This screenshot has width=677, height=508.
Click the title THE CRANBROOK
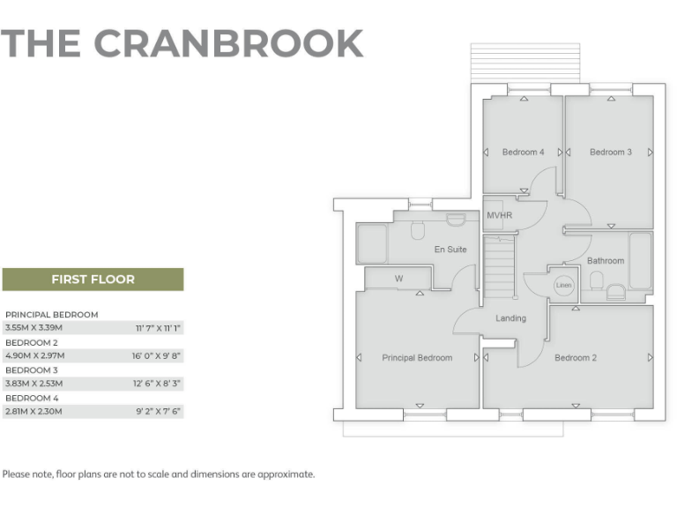(x=182, y=43)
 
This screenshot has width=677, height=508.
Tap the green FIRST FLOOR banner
(x=93, y=280)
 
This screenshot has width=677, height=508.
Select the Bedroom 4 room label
(x=523, y=153)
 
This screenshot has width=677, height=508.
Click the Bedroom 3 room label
(x=610, y=153)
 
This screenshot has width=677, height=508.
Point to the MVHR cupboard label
(x=499, y=215)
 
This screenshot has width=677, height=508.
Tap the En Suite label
(x=450, y=250)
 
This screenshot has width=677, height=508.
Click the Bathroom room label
(x=606, y=261)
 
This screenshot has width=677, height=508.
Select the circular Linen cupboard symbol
(x=562, y=286)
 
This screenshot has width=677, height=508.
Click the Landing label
(x=510, y=318)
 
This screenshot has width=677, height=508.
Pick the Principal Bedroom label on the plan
(x=416, y=358)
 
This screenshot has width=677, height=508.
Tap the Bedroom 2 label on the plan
(x=576, y=358)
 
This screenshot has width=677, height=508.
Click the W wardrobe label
(x=398, y=279)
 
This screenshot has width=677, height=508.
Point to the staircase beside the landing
(x=499, y=269)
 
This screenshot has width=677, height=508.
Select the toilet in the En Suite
(x=418, y=231)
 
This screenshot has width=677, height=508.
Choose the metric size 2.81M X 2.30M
(x=34, y=412)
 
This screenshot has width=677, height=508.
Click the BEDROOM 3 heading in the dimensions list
(x=32, y=370)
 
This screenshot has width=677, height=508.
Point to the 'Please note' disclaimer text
(x=159, y=474)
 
